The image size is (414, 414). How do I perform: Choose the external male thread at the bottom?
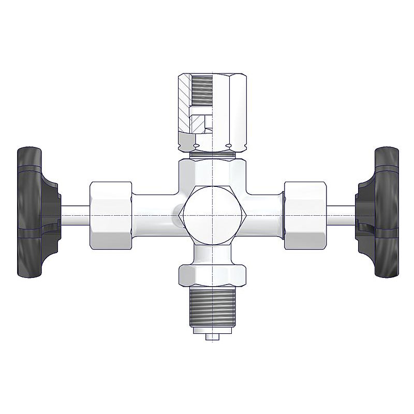tap(213, 305)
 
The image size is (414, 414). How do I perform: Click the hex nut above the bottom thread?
tap(213, 275)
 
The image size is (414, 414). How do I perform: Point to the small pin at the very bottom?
tap(213, 337)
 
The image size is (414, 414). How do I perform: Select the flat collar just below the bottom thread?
tap(213, 329)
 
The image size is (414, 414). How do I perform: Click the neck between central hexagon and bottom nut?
tap(213, 254)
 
